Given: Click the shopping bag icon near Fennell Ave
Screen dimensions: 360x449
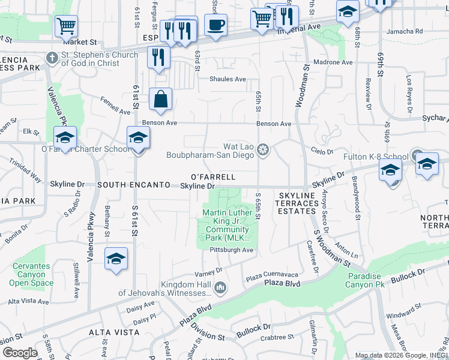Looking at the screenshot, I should click(160, 100).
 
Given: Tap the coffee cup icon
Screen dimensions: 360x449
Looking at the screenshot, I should click(215, 25).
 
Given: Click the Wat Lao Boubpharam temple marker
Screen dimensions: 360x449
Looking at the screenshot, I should click(262, 149).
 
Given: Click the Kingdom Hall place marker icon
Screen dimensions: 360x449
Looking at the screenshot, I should click(220, 289).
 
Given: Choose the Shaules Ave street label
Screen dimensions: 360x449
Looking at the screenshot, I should click(228, 79).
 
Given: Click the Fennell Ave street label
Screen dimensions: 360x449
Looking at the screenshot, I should click(115, 106).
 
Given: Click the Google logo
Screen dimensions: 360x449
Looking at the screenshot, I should click(20, 353).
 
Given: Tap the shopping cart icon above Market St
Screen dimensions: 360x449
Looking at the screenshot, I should click(66, 26).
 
